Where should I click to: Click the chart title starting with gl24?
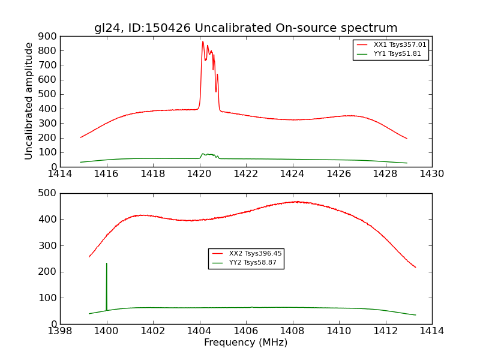pos(245,28)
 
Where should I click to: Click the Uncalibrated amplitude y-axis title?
pos(29,101)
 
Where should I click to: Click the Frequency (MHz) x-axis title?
pos(245,343)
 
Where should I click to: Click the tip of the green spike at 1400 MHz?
pos(107,263)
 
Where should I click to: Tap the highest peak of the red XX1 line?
pos(203,41)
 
